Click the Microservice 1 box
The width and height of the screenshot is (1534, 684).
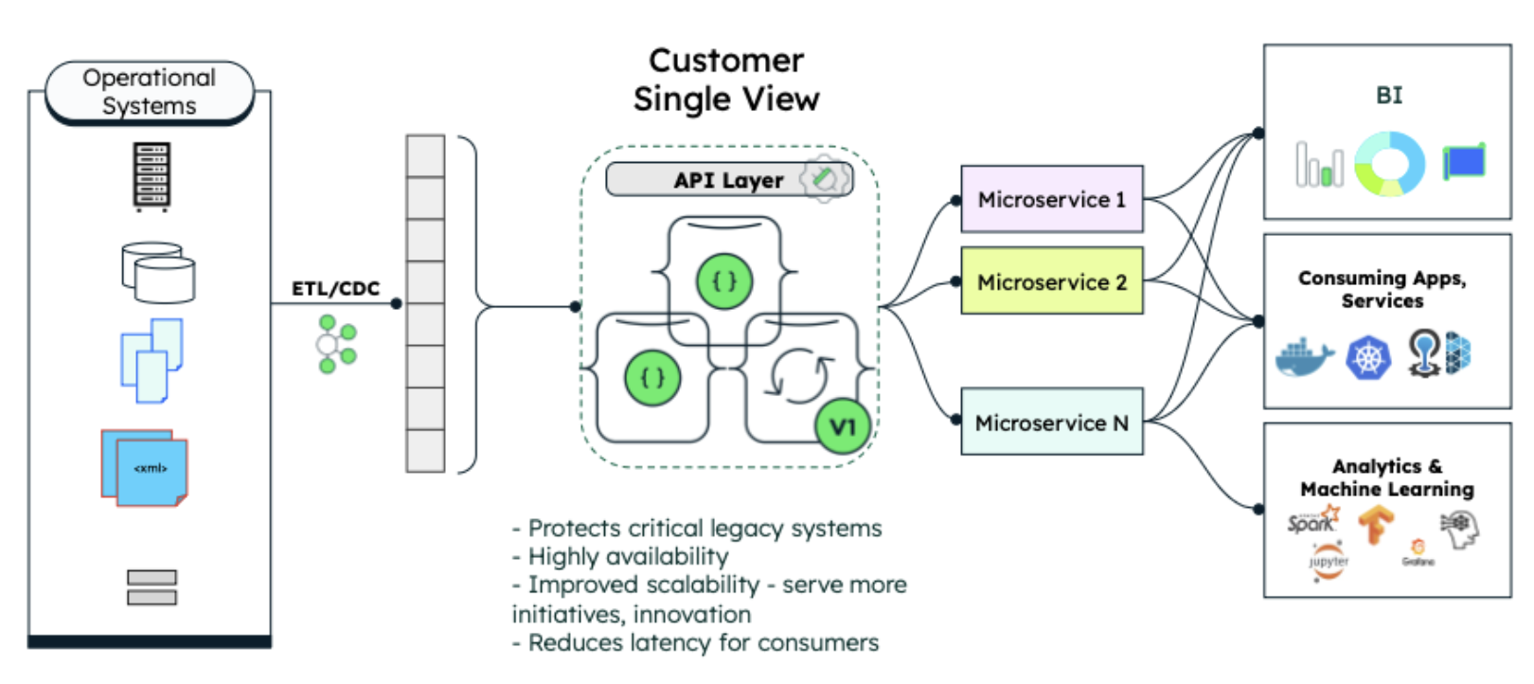(x=1051, y=199)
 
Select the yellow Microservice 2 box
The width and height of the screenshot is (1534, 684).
(x=1051, y=281)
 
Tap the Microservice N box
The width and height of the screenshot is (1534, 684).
(x=1051, y=422)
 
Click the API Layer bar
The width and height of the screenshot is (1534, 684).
(x=727, y=180)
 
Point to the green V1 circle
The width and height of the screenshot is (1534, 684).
(x=842, y=427)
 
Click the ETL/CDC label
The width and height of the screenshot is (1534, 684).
(x=335, y=288)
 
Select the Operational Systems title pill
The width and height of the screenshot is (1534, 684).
(x=150, y=92)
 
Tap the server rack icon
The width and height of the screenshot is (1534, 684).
(x=152, y=176)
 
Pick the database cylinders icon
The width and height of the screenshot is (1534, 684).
(x=158, y=273)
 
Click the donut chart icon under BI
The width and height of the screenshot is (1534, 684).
(x=1389, y=164)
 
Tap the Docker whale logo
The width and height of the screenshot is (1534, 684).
(x=1304, y=357)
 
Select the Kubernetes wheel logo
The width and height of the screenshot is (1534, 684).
(x=1368, y=358)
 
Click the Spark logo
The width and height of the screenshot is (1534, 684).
(x=1312, y=521)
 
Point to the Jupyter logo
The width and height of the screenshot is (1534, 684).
(x=1329, y=561)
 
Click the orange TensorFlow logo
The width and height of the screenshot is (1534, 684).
(x=1376, y=524)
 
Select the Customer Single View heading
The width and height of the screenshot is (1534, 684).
(x=726, y=80)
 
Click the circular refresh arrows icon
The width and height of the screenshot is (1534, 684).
(x=800, y=375)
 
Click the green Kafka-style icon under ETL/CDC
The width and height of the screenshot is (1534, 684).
(x=336, y=344)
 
